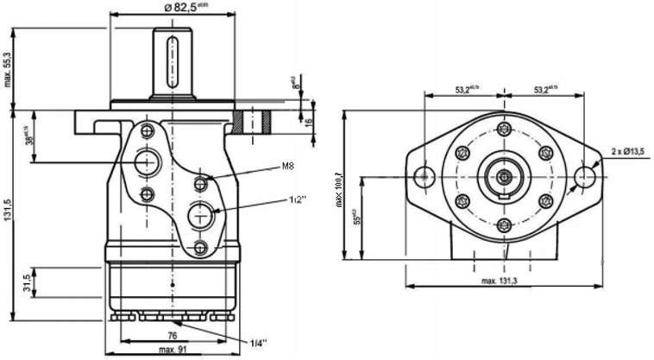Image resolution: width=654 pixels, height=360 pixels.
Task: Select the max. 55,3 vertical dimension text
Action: tap(9, 69)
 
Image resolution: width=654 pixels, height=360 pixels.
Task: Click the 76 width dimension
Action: tap(173, 336)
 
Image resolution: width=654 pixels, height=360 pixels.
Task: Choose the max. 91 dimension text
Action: tap(173, 350)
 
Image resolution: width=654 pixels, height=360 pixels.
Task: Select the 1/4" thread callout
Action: tap(258, 344)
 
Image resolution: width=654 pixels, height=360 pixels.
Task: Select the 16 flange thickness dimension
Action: tap(309, 122)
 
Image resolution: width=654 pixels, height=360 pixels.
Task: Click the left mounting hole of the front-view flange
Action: tap(424, 176)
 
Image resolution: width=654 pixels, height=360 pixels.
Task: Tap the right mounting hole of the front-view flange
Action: tap(586, 176)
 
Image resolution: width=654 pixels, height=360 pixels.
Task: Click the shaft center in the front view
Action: tap(504, 176)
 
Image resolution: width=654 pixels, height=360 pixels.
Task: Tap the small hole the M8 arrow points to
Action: tap(201, 182)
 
